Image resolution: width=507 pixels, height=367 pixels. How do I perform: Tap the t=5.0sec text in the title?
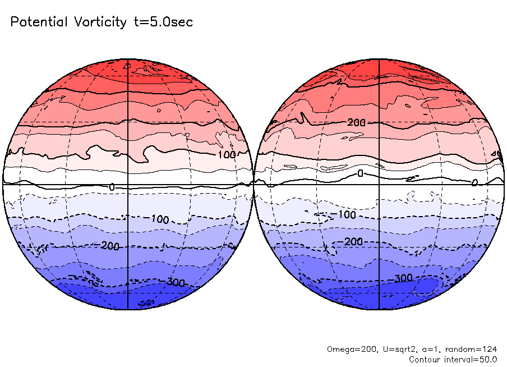(163, 22)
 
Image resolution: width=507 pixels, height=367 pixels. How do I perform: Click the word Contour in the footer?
(425, 359)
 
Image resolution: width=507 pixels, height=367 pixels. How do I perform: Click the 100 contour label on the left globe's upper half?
(227, 154)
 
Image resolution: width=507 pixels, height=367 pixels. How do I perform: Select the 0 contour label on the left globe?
(112, 186)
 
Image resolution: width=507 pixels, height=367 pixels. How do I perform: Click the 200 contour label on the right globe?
(356, 122)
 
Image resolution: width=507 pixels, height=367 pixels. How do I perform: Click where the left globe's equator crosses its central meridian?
(128, 184)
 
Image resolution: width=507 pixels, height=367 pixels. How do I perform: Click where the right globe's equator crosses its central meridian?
(380, 184)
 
